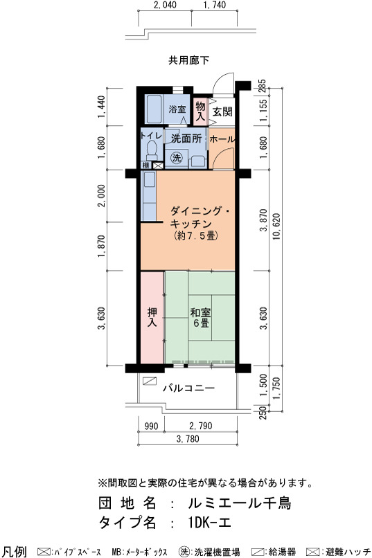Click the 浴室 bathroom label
[177, 109]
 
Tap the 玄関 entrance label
[222, 111]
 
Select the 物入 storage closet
[200, 110]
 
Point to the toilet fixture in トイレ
[152, 150]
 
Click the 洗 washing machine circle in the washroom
[177, 158]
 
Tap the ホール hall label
[222, 139]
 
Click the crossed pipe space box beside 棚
[158, 165]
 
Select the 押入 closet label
[152, 317]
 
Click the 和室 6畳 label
[200, 318]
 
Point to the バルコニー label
[189, 388]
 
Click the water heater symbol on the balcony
[150, 381]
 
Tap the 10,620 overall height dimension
[276, 226]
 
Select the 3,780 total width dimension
[188, 439]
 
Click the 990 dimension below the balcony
[151, 426]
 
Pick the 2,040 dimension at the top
[165, 5]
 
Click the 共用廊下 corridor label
[188, 60]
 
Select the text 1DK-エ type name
[210, 523]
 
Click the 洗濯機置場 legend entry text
[217, 552]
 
